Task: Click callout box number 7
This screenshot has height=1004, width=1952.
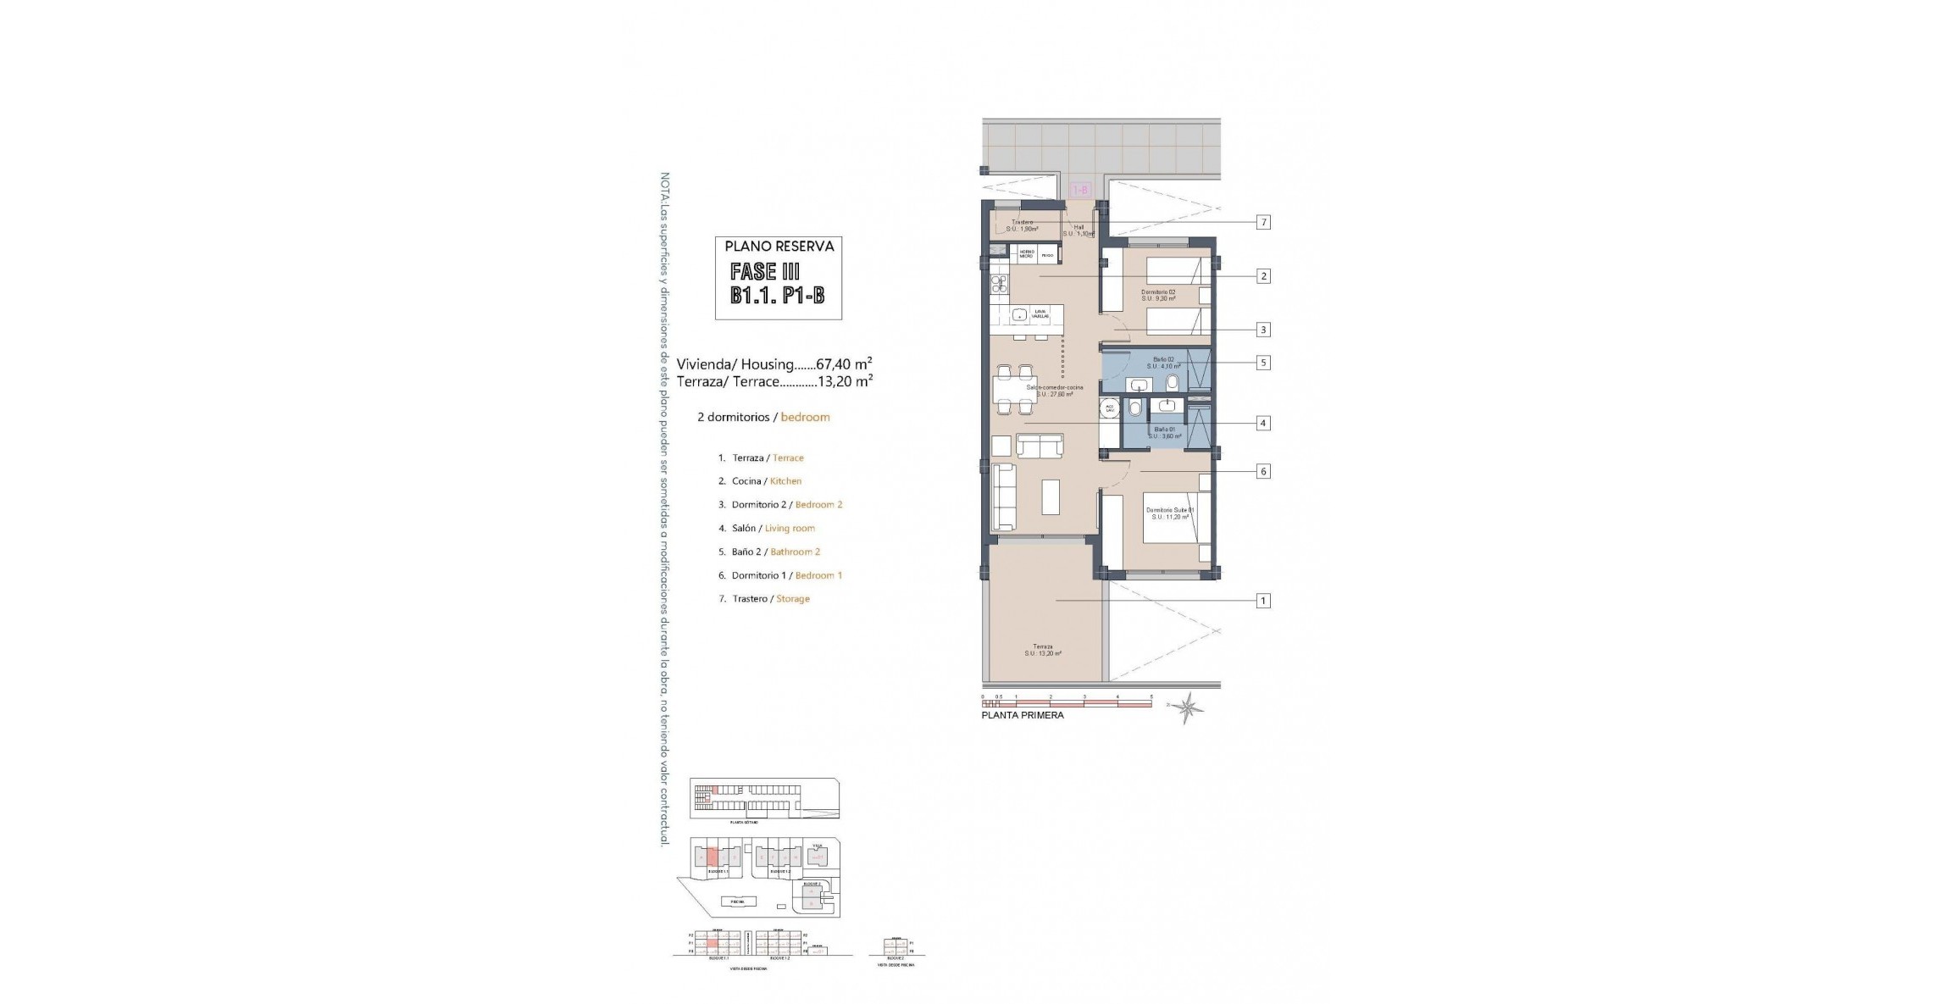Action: (1263, 223)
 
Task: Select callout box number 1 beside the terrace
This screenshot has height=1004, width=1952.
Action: (1263, 601)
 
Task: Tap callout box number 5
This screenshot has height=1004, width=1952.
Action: (1263, 363)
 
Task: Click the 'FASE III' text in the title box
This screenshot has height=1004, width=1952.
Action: (765, 272)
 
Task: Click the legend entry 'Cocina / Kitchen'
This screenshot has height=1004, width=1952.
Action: (759, 481)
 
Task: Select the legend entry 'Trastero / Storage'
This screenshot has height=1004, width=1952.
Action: (763, 599)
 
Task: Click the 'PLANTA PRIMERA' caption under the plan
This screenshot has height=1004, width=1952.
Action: (1022, 715)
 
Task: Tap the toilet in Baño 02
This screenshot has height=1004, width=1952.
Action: (1172, 384)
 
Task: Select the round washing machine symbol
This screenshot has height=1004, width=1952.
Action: (1109, 408)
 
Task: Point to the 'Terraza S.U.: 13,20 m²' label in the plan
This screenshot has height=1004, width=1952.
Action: (1042, 650)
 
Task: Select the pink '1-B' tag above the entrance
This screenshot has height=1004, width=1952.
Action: (1080, 191)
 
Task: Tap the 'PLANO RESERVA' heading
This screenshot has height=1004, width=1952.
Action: (779, 247)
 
